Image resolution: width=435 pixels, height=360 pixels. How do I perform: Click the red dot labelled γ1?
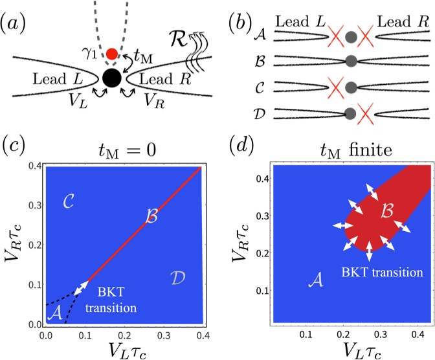click(x=111, y=53)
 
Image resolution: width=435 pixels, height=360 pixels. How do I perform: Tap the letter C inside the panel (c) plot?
click(x=71, y=201)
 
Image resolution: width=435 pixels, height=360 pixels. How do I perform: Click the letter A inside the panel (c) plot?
click(x=56, y=313)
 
